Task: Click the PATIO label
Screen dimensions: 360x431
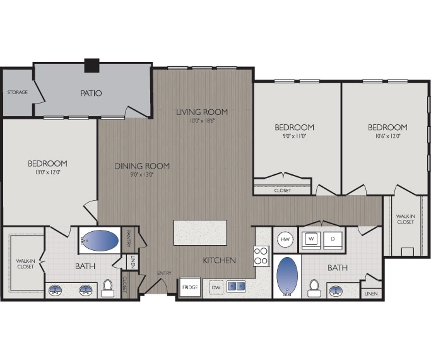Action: pos(91,93)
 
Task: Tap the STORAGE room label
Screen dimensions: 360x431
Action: pos(17,92)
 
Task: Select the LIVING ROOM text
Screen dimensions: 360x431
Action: pos(201,112)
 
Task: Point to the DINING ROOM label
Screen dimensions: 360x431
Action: pos(142,165)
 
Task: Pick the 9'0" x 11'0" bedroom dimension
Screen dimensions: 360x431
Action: pos(294,136)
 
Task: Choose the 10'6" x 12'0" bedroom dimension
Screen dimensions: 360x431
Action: pos(387,136)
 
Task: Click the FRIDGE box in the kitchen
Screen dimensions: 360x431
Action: pos(190,287)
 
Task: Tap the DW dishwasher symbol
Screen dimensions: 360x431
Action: pos(216,287)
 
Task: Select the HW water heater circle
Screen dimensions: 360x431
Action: pos(284,240)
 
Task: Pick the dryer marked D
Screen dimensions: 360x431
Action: pos(333,240)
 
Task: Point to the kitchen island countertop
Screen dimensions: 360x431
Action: pos(200,232)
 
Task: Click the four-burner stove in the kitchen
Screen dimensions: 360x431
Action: pos(262,255)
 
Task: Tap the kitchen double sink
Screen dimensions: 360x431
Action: pos(236,287)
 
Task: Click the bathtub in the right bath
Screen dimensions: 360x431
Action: pos(287,275)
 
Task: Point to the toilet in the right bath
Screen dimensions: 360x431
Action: pos(313,287)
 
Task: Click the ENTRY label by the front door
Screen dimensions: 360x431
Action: pos(164,273)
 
